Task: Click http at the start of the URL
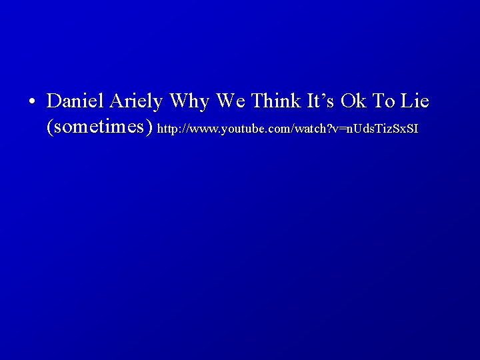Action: (167, 128)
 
